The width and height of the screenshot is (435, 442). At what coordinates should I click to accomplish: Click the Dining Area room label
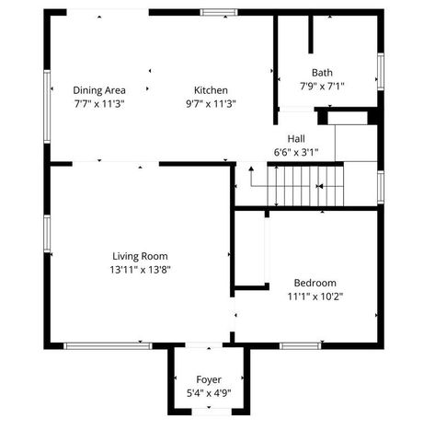point(98,89)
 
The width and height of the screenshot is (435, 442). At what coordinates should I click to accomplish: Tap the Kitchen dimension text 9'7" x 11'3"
point(211,104)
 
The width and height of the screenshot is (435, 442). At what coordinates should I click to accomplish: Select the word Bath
point(322,73)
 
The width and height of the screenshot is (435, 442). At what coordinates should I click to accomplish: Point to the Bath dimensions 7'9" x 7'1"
point(322,87)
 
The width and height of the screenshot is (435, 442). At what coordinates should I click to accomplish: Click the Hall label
point(296,138)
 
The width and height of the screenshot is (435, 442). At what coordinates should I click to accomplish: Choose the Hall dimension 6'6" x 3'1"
point(296,152)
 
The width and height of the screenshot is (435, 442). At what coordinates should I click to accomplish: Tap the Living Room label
point(141,255)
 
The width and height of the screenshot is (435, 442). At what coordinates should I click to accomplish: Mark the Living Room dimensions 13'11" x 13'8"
point(141,270)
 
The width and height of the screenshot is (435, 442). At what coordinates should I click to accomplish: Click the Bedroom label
point(315,282)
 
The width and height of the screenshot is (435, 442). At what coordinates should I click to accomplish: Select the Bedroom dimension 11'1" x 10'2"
point(315,297)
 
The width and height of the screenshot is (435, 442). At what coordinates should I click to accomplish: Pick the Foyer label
point(209,378)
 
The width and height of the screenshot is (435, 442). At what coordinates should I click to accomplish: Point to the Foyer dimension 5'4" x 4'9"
point(209,393)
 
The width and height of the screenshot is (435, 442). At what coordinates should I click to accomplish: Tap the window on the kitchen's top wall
point(220,12)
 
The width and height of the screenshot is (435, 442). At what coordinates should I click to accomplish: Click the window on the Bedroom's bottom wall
point(299,345)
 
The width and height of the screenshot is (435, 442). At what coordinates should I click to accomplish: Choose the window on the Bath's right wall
point(379,71)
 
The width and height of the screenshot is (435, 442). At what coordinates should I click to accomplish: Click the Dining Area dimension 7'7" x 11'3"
point(98,104)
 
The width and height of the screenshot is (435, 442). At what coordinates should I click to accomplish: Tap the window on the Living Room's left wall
point(47,236)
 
